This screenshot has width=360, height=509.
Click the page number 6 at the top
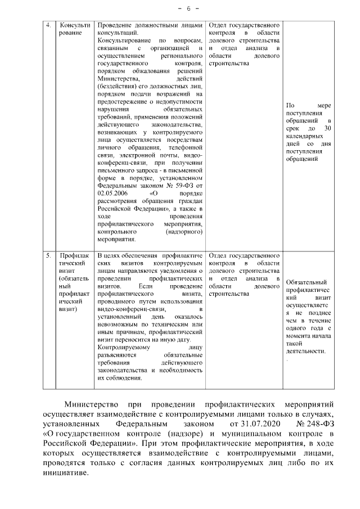[180, 8]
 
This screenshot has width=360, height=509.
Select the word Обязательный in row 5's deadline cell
[307, 282]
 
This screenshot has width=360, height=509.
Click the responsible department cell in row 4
[244, 45]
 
